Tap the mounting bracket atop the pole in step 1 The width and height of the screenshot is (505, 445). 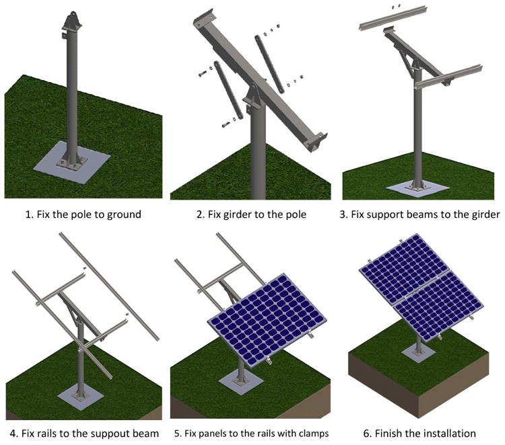coord(72,22)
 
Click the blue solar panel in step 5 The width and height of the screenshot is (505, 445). coord(267,319)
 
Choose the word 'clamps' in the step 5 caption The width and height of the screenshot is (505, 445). coord(312,433)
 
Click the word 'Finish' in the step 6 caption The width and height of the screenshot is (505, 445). coord(389,433)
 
